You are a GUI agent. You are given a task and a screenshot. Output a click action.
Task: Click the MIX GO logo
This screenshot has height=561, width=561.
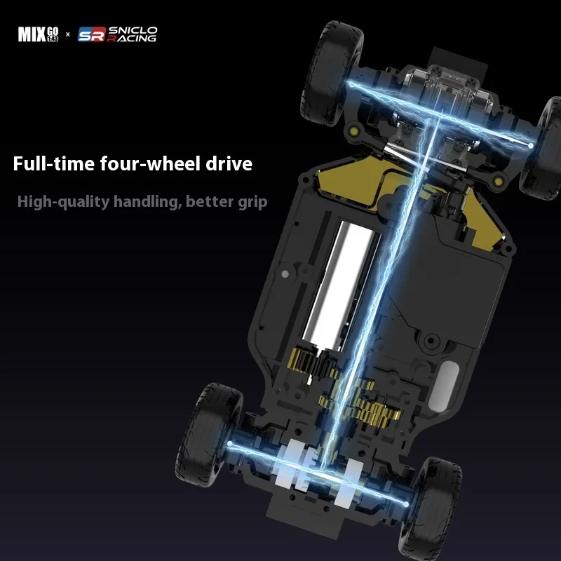pyautogui.click(x=39, y=34)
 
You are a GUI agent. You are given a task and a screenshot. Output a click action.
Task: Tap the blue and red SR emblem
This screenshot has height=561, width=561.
pyautogui.click(x=92, y=34)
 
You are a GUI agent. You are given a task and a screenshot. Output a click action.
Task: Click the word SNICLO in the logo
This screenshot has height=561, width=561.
pyautogui.click(x=133, y=30)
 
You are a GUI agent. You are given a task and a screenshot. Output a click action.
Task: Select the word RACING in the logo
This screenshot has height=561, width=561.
pyautogui.click(x=132, y=39)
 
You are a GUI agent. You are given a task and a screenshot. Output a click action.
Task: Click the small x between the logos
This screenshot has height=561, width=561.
pyautogui.click(x=68, y=34)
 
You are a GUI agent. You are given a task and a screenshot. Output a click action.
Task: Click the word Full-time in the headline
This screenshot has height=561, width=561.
pyautogui.click(x=54, y=163)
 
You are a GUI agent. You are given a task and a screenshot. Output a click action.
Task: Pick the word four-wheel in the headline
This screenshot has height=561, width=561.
pyautogui.click(x=150, y=163)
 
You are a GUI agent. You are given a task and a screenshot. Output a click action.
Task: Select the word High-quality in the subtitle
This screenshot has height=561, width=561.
pyautogui.click(x=63, y=202)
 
